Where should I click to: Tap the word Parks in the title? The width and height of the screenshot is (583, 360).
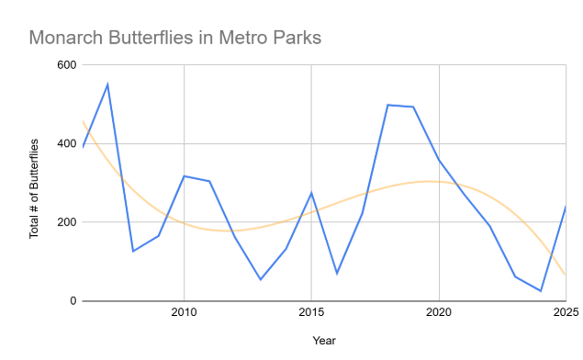(296, 39)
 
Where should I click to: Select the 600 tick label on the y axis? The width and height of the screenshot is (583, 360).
(66, 65)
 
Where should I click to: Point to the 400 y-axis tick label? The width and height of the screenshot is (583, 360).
(66, 144)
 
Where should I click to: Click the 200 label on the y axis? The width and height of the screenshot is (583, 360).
(66, 222)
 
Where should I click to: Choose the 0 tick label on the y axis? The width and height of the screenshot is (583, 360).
(73, 301)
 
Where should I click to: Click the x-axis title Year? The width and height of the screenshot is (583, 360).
(323, 341)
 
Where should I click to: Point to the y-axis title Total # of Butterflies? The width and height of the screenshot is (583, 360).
(34, 188)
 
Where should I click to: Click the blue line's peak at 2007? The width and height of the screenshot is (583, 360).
(107, 84)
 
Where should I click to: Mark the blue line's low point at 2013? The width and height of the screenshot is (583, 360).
(260, 279)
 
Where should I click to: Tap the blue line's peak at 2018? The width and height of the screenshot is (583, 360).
(387, 105)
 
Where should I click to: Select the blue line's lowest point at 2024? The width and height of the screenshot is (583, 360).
(540, 291)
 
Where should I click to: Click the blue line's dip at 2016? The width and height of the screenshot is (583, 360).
(336, 274)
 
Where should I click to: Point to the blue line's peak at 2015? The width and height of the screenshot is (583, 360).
(311, 193)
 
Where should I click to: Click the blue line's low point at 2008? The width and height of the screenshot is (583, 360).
(133, 251)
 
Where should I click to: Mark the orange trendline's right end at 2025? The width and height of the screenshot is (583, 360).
(565, 274)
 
